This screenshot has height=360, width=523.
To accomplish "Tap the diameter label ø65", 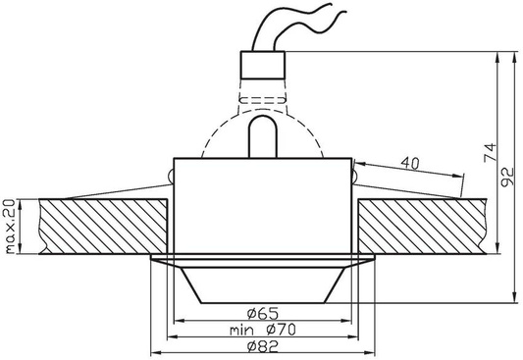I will [x=262, y=313].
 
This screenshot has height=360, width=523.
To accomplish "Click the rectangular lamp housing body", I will [x=262, y=206].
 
